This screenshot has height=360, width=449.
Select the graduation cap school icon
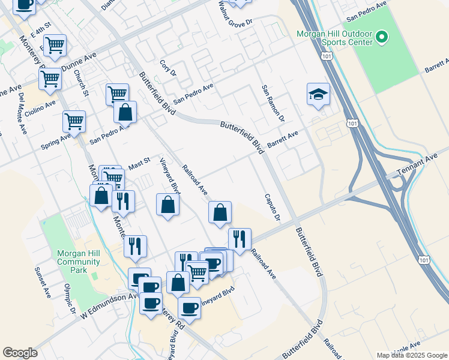point(318,95)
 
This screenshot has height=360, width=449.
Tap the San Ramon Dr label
point(272,104)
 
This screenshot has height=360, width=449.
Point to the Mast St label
point(139,163)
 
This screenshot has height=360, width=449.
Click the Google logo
point(20,352)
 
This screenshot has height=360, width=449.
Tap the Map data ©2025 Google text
point(412,355)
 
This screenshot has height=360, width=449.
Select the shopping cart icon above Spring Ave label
point(74,121)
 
